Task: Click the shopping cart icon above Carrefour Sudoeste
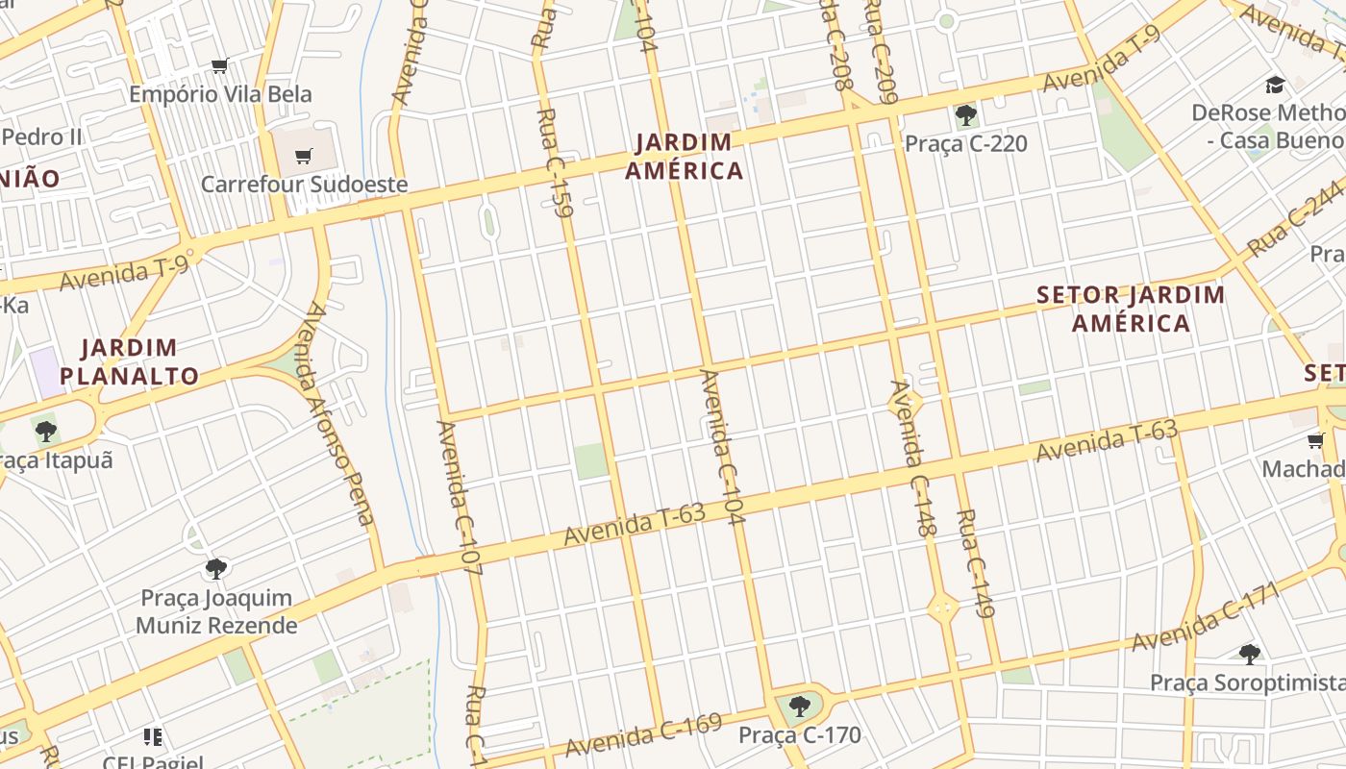304,156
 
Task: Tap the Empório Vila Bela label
220,94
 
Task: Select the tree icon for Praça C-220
966,116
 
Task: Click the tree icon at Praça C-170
799,707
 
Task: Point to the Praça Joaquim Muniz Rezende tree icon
216,568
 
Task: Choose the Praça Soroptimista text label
1248,682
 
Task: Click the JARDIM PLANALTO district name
129,361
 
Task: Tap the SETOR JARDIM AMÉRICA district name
1131,309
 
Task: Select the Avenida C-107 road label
459,497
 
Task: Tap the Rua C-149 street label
975,562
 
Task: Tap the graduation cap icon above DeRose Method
1275,85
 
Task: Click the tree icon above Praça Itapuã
45,431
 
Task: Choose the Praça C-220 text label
966,144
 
